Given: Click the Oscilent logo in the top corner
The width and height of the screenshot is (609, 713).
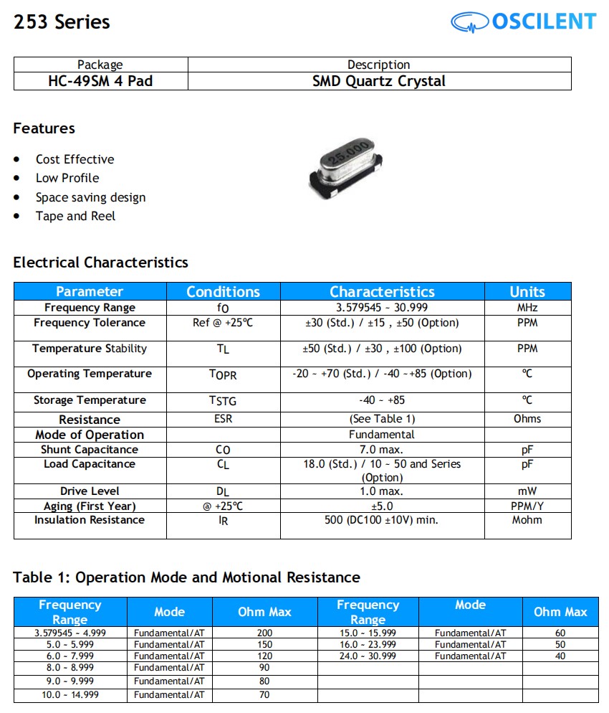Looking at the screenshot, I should pos(523,22).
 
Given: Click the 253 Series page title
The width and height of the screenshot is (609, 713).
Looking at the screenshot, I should pos(62,22).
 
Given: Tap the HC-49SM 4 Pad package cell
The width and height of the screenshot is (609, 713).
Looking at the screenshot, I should pos(100,81).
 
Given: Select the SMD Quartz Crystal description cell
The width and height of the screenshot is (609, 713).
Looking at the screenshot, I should pos(379,81).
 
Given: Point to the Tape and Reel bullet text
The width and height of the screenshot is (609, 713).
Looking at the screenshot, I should pos(75,216).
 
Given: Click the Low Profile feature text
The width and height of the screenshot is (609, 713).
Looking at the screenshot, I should pos(67,178).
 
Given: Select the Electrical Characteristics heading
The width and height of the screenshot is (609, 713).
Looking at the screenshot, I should pos(100,263).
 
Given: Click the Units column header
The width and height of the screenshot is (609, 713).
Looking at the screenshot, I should pos(527,291).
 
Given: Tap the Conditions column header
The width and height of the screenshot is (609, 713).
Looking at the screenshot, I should pos(223,291).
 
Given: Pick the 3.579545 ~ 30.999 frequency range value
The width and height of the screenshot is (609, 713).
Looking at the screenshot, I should pos(382,308).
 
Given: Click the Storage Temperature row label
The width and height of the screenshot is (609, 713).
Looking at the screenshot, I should pos(90,400).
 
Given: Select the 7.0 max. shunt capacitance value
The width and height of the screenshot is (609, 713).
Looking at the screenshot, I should pos(382,450).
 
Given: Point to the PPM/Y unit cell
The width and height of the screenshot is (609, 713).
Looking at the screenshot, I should pos(527,506).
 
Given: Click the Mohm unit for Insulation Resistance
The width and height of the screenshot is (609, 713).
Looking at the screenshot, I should pos(527,520).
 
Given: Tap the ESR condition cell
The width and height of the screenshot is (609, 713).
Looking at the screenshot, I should pos(223,419).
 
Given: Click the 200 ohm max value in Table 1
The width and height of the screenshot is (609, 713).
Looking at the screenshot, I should pos(265,633).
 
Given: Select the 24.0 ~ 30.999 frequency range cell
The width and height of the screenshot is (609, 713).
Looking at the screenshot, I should pos(368,656).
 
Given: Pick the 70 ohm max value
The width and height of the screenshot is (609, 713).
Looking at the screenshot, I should pos(265,695).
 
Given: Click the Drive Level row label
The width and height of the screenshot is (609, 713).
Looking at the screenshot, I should pos(90,491).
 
